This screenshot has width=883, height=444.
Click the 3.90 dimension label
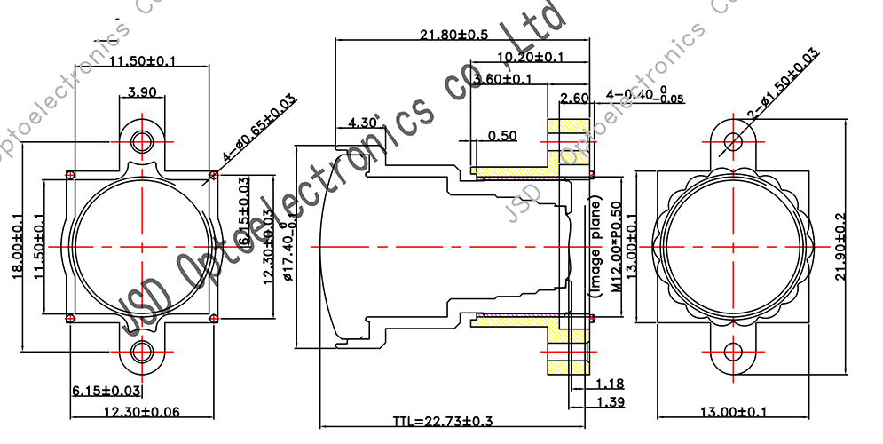[142, 91]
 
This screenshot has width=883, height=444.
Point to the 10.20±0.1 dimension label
[530, 58]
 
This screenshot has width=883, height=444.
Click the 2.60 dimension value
[575, 98]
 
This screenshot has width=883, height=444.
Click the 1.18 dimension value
[611, 384]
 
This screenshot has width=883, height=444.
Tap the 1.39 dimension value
[611, 402]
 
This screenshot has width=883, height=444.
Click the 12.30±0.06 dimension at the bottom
[142, 411]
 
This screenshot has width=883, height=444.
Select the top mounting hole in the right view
[734, 141]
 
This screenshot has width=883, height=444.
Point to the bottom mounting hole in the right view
[734, 353]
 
